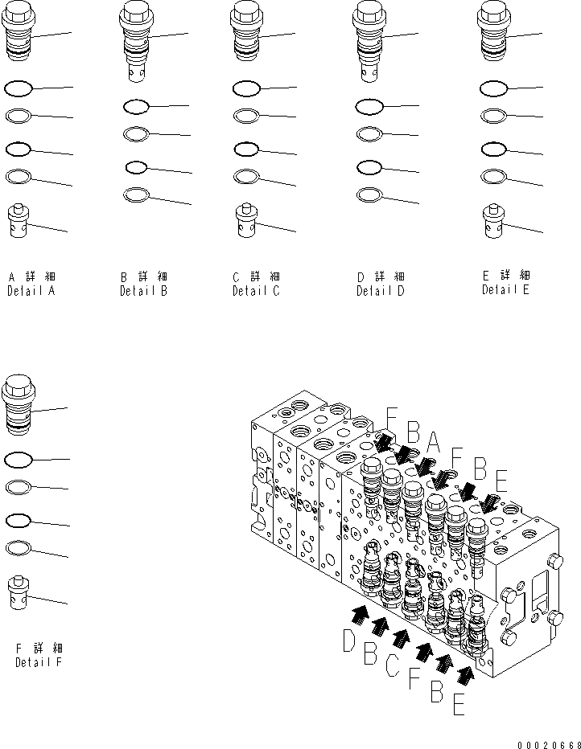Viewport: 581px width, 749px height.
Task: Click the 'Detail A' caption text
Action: tap(31, 291)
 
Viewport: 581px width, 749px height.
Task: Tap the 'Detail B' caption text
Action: tap(143, 291)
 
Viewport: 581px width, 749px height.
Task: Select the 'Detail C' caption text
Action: tap(256, 291)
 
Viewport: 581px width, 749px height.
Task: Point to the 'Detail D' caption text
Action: tap(381, 291)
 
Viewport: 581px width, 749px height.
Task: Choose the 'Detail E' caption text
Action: tap(505, 289)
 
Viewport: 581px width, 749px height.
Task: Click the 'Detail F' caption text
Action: tap(39, 662)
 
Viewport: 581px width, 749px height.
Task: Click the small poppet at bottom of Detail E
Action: tap(492, 221)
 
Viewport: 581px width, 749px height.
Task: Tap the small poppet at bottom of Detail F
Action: tap(18, 592)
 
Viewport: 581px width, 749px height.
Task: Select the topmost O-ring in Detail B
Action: tap(135, 106)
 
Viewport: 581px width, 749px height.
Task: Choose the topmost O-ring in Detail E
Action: tap(492, 88)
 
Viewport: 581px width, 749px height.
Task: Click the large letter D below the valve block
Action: tap(349, 642)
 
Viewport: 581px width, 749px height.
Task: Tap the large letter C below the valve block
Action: tap(392, 664)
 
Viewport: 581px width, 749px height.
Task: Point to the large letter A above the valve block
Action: tap(432, 441)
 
